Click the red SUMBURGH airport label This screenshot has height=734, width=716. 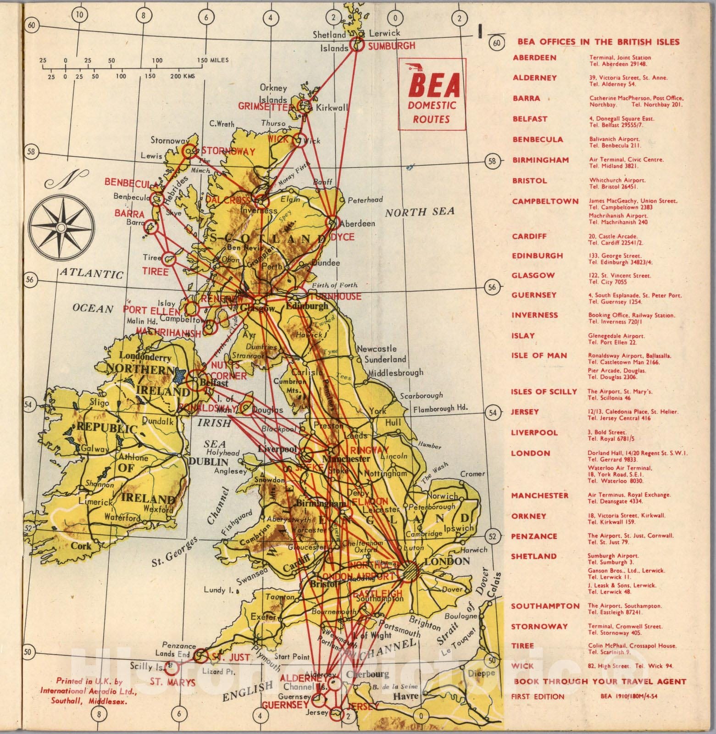(x=391, y=45)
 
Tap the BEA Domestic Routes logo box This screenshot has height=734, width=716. (x=432, y=94)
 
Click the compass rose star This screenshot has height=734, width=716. (x=60, y=227)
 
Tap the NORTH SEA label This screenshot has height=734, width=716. (x=419, y=211)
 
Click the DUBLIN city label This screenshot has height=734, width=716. (x=209, y=462)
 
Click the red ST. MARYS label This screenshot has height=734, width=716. (x=172, y=682)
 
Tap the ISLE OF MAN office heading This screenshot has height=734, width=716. (x=539, y=356)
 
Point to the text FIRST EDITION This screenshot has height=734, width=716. (x=538, y=696)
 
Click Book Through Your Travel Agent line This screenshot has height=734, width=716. (x=599, y=681)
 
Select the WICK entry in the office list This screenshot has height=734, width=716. (x=523, y=666)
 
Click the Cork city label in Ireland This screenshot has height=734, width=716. (x=81, y=546)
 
